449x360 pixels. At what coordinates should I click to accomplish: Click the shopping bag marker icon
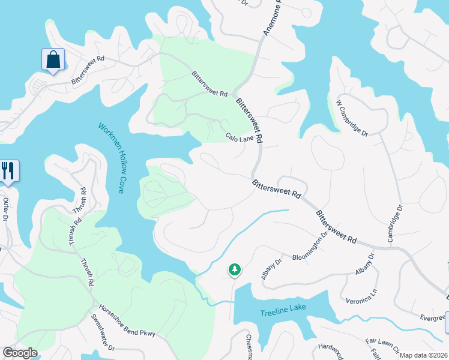(53, 59)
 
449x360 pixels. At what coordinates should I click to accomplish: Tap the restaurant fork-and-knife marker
(8, 170)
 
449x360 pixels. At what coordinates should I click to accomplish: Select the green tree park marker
(234, 270)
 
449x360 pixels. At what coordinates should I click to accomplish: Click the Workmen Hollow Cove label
(112, 158)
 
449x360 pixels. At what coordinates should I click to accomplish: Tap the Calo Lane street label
(240, 137)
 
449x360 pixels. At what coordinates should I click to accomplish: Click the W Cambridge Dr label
(352, 118)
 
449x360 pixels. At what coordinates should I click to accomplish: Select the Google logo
(20, 352)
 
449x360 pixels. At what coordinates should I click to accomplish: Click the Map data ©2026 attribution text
(423, 355)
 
